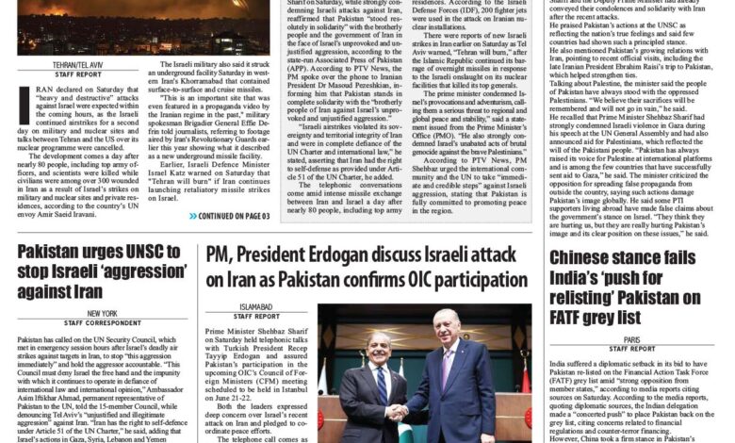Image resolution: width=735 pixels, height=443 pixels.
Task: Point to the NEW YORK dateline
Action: pos(101,313)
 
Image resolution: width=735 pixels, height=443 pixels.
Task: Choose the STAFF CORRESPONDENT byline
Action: pos(101,322)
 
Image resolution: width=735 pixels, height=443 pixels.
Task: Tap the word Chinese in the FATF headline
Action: pos(584,258)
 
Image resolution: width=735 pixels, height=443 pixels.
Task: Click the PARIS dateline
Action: pos(630,339)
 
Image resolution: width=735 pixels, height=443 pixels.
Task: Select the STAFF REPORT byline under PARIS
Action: pos(630,349)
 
